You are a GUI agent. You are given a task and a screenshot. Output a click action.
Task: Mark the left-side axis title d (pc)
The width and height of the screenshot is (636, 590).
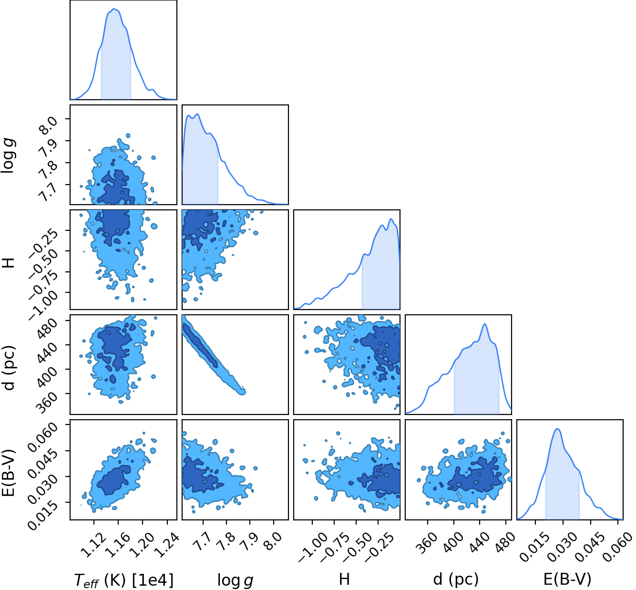click(8, 368)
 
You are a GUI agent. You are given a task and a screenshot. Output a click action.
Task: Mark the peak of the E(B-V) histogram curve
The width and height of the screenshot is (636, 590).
click(557, 429)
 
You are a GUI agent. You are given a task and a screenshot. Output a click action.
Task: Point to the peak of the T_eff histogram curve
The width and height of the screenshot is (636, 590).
click(114, 9)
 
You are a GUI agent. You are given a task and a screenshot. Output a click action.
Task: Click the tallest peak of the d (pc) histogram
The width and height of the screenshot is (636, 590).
click(485, 324)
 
